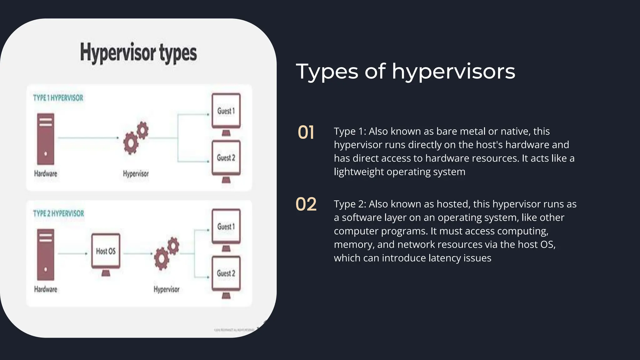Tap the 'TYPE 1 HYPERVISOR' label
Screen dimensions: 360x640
(58, 98)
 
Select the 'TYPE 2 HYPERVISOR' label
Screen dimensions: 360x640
(58, 213)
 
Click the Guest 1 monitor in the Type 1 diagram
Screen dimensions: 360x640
(226, 111)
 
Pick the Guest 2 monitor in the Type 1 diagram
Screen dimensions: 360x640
(226, 158)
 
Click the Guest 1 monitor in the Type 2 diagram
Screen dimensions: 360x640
(226, 227)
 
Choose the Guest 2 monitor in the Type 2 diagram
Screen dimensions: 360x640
(226, 274)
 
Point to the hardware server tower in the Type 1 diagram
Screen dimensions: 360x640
(46, 139)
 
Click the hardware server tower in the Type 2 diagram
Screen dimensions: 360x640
(46, 254)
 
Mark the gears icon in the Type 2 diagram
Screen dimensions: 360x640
(167, 253)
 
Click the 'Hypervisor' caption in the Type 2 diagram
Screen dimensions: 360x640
(167, 289)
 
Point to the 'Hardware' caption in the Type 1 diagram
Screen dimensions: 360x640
(46, 174)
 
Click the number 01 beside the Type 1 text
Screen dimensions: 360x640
(306, 132)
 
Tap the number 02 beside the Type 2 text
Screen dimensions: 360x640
(306, 204)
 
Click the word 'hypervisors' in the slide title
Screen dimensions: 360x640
(453, 72)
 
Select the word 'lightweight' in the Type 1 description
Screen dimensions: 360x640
(359, 172)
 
